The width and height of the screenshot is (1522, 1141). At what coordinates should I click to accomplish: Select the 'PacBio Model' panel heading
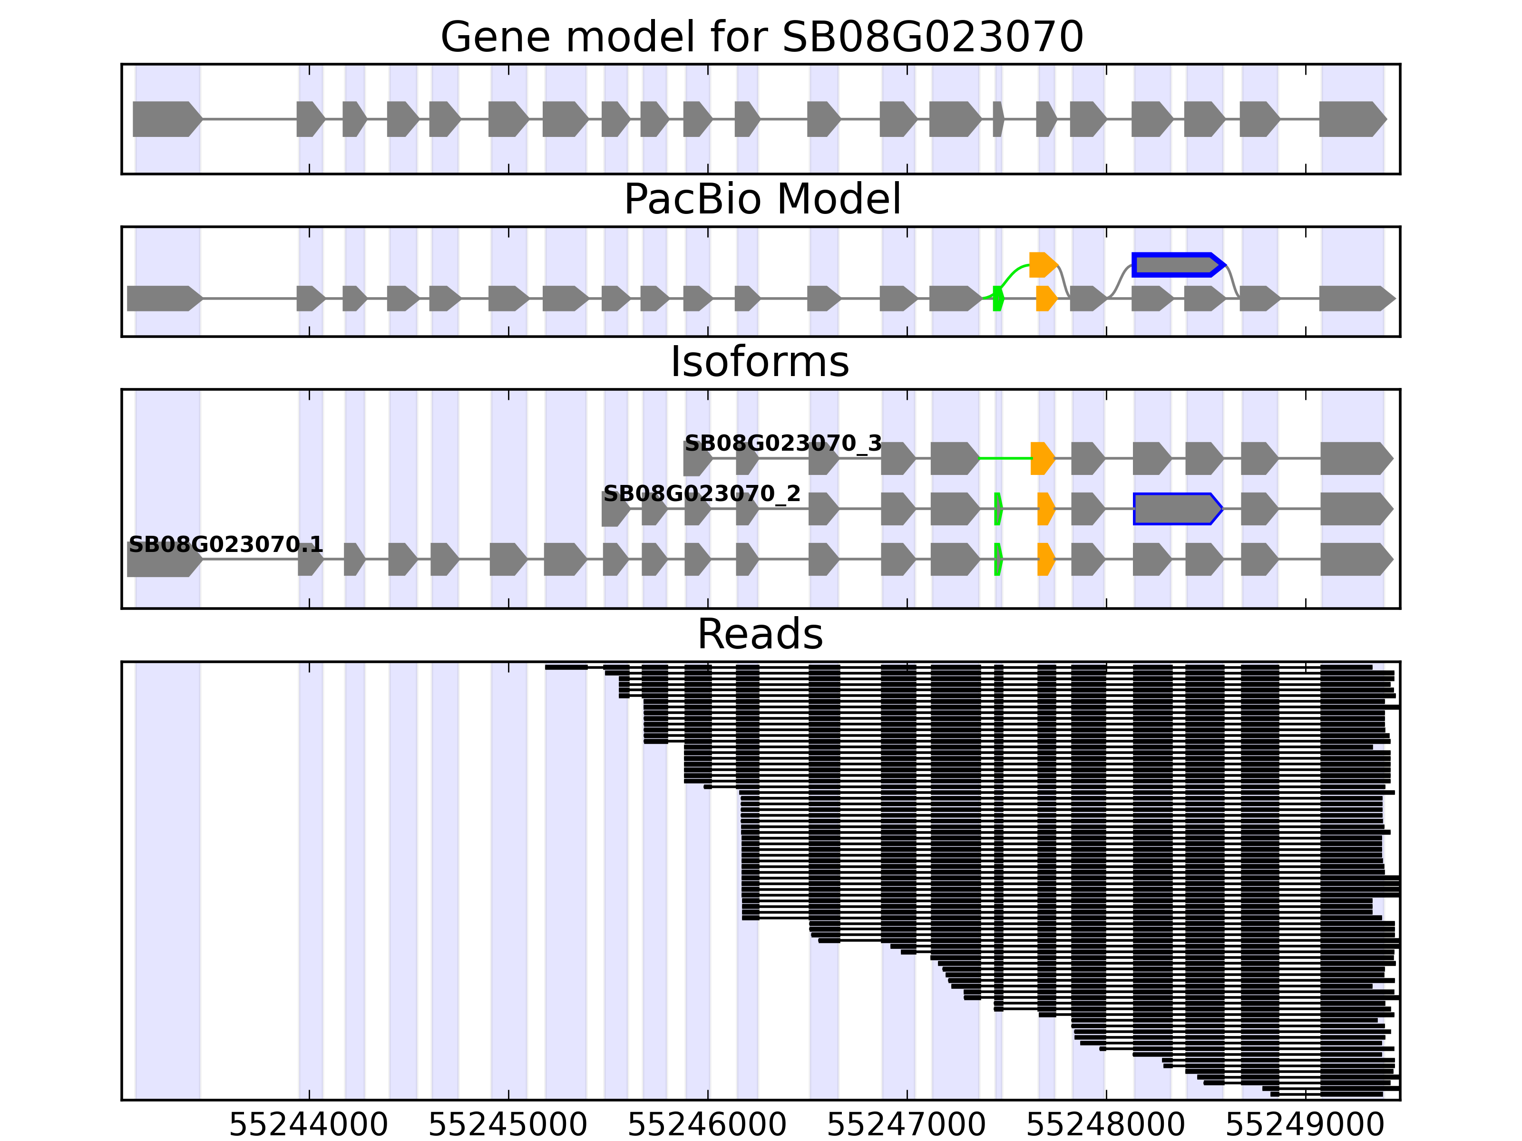click(761, 200)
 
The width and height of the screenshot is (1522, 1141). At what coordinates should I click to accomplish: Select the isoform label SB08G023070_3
click(783, 444)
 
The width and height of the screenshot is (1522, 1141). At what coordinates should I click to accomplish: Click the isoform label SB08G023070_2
click(702, 494)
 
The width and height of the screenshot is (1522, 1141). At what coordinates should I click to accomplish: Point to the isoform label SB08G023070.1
click(226, 545)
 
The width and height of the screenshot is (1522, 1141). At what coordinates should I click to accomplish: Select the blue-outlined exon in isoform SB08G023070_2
click(1177, 509)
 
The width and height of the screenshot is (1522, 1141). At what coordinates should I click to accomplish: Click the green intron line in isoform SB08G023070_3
click(1005, 458)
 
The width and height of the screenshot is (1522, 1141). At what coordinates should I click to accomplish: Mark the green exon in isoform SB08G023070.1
click(998, 559)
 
